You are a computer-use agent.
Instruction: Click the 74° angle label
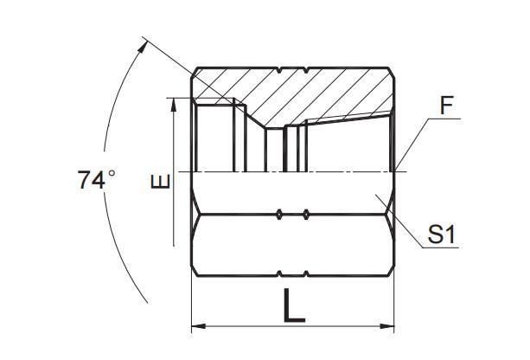tap(96, 180)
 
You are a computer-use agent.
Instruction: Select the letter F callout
tap(447, 107)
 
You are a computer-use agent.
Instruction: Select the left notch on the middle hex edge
tap(279, 212)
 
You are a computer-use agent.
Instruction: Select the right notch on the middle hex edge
tap(307, 212)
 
